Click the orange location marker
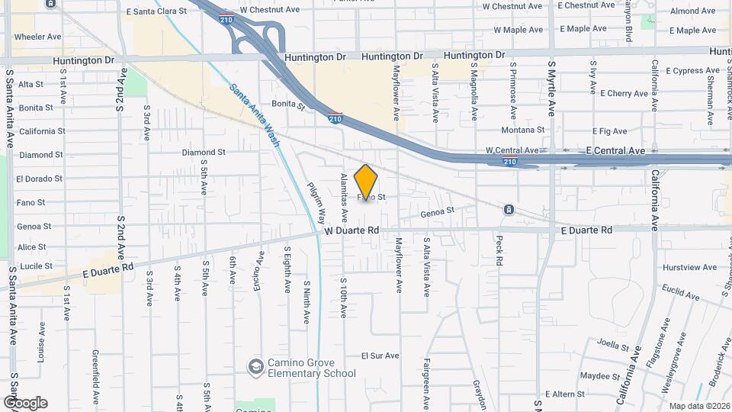click(x=366, y=182)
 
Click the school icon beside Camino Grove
click(x=256, y=368)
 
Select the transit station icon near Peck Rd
click(x=509, y=210)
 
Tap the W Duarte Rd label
click(x=352, y=230)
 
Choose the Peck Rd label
click(x=500, y=249)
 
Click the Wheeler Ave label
click(x=37, y=37)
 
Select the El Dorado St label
click(x=39, y=179)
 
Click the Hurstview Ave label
click(x=690, y=268)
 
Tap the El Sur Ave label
click(x=380, y=356)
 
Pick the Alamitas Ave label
click(x=344, y=191)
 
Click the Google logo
click(x=25, y=403)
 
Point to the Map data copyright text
click(x=700, y=406)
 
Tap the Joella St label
click(x=613, y=343)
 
